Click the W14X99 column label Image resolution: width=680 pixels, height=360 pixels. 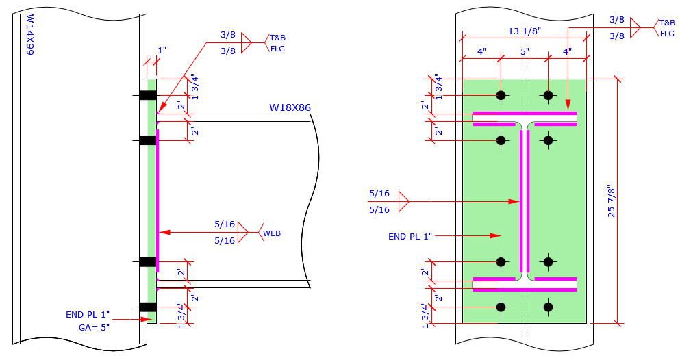[29, 35]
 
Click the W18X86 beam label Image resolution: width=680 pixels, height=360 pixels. [290, 107]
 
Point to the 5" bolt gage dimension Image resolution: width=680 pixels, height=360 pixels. [525, 51]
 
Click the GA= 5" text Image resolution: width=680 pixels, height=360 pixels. [94, 327]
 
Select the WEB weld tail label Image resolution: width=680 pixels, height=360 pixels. [272, 233]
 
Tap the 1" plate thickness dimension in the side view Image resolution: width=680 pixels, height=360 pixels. [162, 51]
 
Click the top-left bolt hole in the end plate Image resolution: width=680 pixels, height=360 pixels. [501, 94]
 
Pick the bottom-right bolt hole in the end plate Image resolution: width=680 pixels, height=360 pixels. [548, 307]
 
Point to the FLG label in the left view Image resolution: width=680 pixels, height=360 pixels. [277, 49]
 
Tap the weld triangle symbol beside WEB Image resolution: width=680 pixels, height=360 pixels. [242, 233]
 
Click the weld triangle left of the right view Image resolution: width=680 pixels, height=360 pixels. [403, 201]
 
